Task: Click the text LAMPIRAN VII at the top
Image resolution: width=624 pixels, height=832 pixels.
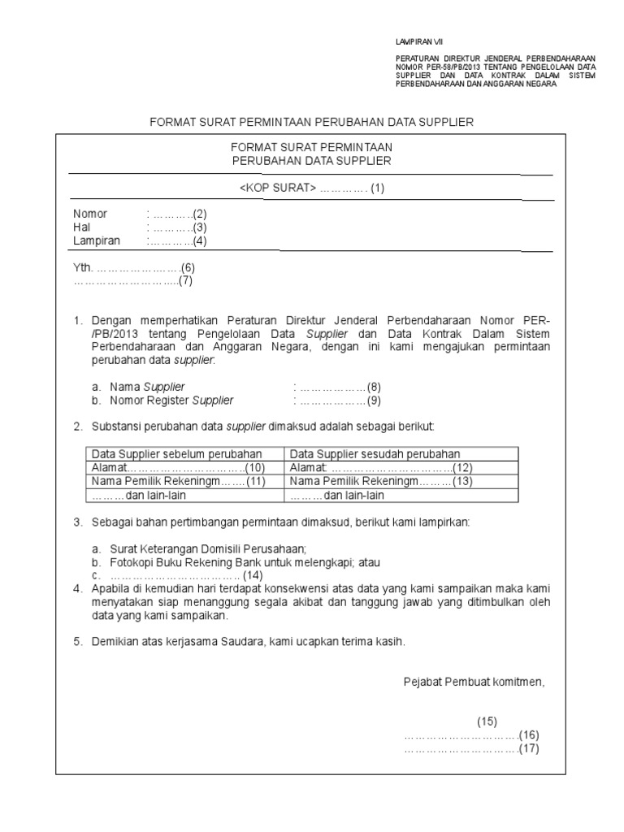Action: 419,41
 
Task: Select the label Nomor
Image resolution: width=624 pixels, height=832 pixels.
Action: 90,214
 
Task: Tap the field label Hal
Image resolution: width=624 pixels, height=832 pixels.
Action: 81,227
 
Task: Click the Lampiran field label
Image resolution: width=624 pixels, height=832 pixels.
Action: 97,240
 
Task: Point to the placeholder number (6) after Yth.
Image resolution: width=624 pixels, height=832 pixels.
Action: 188,267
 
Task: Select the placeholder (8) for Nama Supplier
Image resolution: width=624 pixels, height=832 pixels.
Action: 373,387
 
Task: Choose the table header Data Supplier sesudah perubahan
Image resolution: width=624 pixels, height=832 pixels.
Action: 375,453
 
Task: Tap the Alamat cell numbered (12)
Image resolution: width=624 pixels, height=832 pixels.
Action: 381,468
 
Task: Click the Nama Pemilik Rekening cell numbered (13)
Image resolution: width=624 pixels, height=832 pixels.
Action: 381,482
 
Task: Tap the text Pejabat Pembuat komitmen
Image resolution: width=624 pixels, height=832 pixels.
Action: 474,682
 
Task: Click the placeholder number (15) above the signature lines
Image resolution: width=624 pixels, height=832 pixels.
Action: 486,721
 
